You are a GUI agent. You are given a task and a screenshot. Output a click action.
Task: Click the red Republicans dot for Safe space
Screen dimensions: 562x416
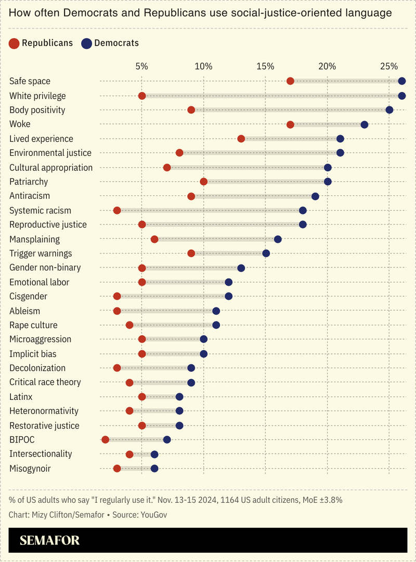coord(290,81)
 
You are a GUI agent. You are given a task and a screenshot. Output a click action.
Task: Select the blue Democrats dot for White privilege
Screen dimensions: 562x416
coord(402,96)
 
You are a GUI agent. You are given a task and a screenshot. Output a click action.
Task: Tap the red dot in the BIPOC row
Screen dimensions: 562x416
coord(105,439)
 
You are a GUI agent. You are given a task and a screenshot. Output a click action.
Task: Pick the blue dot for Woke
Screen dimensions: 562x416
coord(365,124)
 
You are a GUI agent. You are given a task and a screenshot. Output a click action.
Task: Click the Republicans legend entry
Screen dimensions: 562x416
coord(41,43)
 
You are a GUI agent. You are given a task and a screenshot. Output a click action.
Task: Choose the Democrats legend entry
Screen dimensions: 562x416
coord(110,43)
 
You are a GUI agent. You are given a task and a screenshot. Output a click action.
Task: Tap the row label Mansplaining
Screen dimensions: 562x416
coord(34,239)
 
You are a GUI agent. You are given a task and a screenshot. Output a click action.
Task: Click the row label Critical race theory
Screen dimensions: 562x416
coord(45,382)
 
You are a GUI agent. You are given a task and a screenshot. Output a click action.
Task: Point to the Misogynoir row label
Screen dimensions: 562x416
coord(30,469)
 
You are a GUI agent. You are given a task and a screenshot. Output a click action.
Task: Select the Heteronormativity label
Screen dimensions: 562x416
coord(44,411)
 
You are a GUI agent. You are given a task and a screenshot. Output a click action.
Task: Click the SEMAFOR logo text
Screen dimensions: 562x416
coord(50,541)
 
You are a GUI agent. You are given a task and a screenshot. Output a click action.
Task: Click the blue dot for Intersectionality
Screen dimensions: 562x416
coord(154,454)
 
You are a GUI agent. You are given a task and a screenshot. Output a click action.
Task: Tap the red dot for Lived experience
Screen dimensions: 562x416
coord(241,139)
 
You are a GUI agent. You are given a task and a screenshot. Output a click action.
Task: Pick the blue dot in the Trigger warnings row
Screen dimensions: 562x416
coord(266,253)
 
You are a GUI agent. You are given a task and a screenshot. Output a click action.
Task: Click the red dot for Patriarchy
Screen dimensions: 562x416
coord(204,182)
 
